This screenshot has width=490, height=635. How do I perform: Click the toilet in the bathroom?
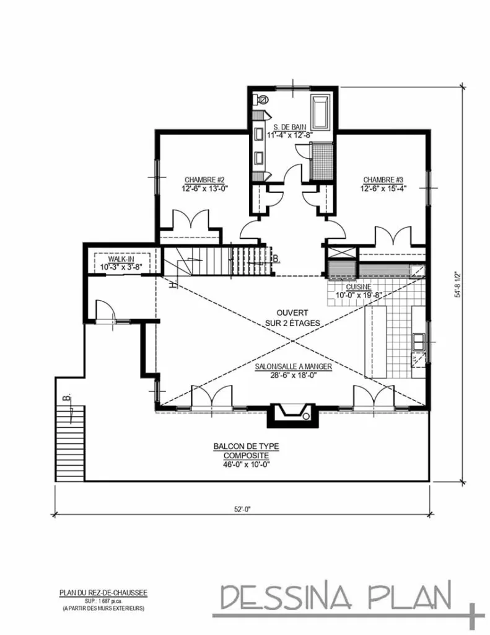click(261, 99)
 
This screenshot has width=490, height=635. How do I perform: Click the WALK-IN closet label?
click(121, 259)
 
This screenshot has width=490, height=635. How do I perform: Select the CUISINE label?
click(359, 287)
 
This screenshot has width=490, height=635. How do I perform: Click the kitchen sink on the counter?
click(419, 340)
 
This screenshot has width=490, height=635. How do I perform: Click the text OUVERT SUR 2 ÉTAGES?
click(291, 318)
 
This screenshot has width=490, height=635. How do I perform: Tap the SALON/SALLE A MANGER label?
click(294, 366)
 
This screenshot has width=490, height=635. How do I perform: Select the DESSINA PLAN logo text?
click(338, 597)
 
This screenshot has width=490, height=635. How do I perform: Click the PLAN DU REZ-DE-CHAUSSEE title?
click(103, 593)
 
